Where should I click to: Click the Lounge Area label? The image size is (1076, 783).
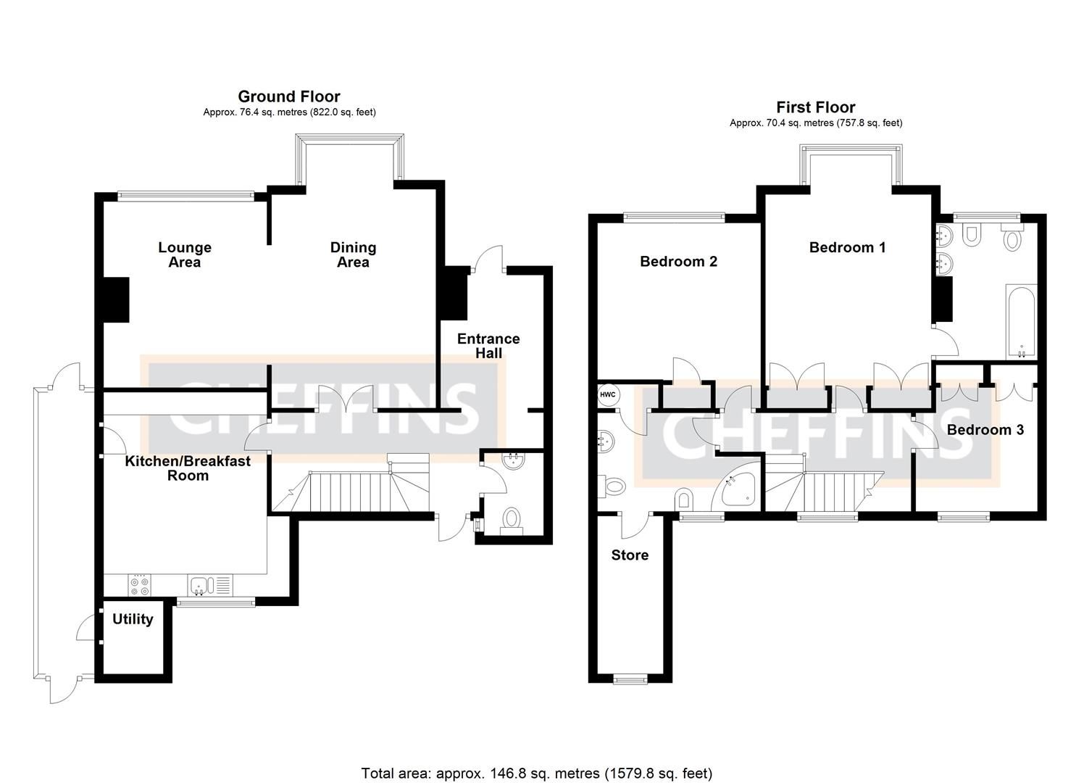point(184,255)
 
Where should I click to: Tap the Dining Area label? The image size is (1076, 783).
point(353,255)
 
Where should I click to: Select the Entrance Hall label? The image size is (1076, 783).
point(488,346)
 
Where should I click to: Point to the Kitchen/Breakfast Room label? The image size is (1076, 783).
point(188,468)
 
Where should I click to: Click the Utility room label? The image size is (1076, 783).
point(133,619)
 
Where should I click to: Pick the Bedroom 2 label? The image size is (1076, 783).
point(678,262)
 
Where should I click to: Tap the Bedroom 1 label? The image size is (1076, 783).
point(847,247)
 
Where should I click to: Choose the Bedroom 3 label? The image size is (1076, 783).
point(985,430)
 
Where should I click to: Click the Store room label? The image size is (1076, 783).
point(630,555)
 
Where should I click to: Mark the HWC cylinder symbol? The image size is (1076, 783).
point(607,395)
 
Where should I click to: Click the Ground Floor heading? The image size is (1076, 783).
point(289,96)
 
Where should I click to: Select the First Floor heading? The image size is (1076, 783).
point(815,107)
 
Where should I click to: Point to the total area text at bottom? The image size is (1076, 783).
point(537,773)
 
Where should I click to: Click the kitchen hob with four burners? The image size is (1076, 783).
point(139,585)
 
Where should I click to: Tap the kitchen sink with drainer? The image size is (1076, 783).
point(209,584)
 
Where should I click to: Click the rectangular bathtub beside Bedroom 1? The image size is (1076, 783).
point(1021,321)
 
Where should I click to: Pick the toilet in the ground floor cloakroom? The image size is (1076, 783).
point(512,519)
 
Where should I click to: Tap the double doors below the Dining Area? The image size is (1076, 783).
point(346,400)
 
